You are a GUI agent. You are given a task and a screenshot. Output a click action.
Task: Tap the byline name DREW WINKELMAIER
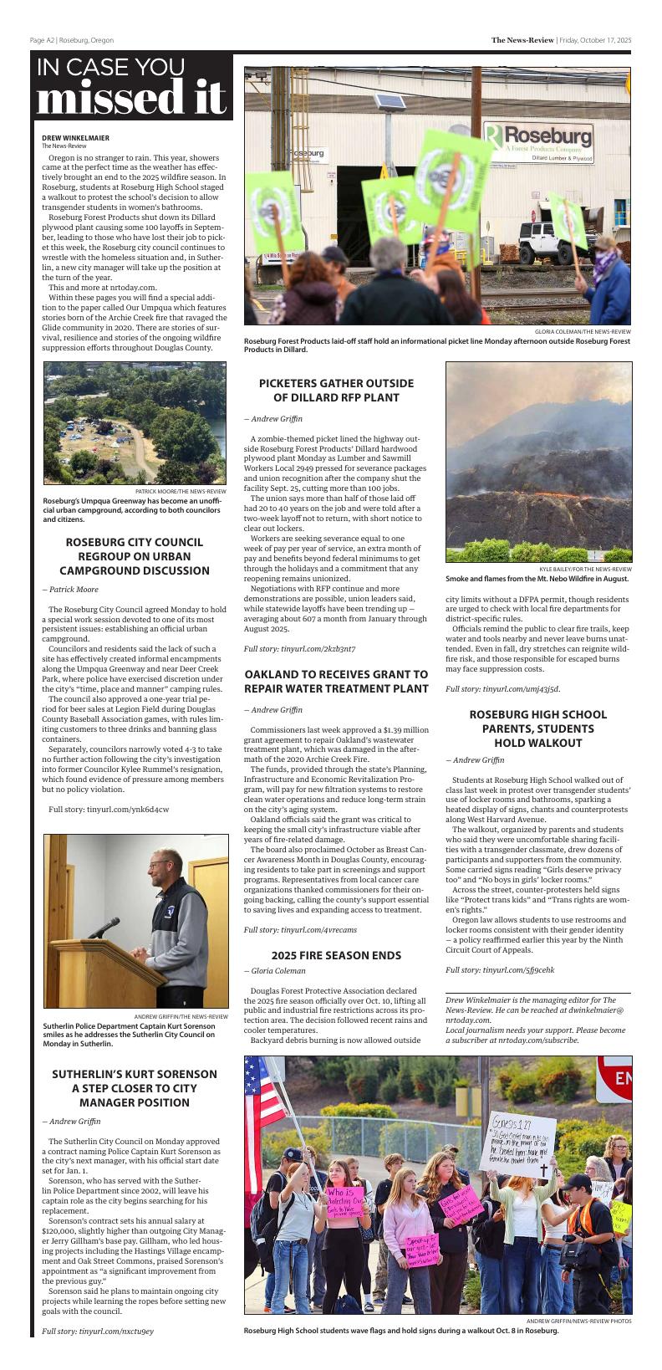click(75, 138)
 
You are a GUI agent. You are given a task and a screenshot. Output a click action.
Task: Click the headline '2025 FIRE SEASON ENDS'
click(336, 955)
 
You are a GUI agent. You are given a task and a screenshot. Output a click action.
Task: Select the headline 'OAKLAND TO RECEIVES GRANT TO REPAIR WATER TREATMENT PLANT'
click(336, 681)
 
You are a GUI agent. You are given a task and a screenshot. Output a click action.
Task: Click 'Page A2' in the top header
click(42, 40)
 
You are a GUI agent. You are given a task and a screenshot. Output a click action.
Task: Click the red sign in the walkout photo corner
click(615, 1078)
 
